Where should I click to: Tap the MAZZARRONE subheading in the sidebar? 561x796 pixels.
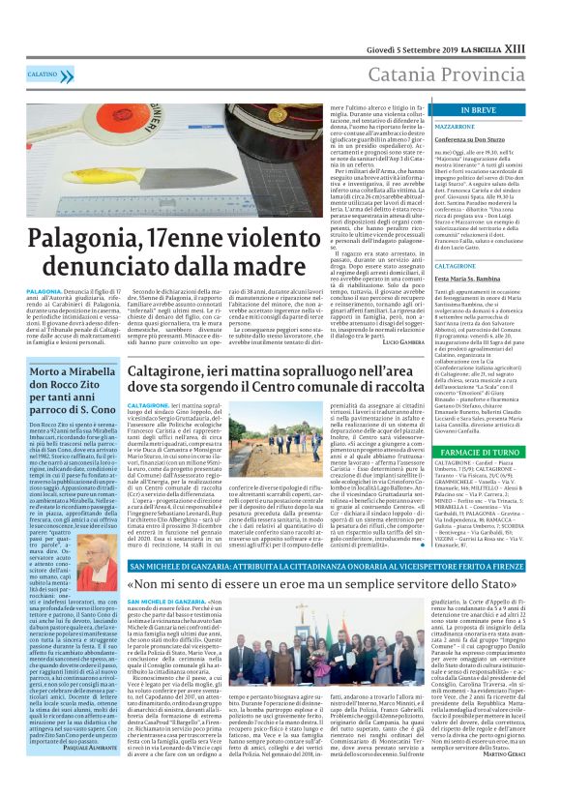tap(449, 127)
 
